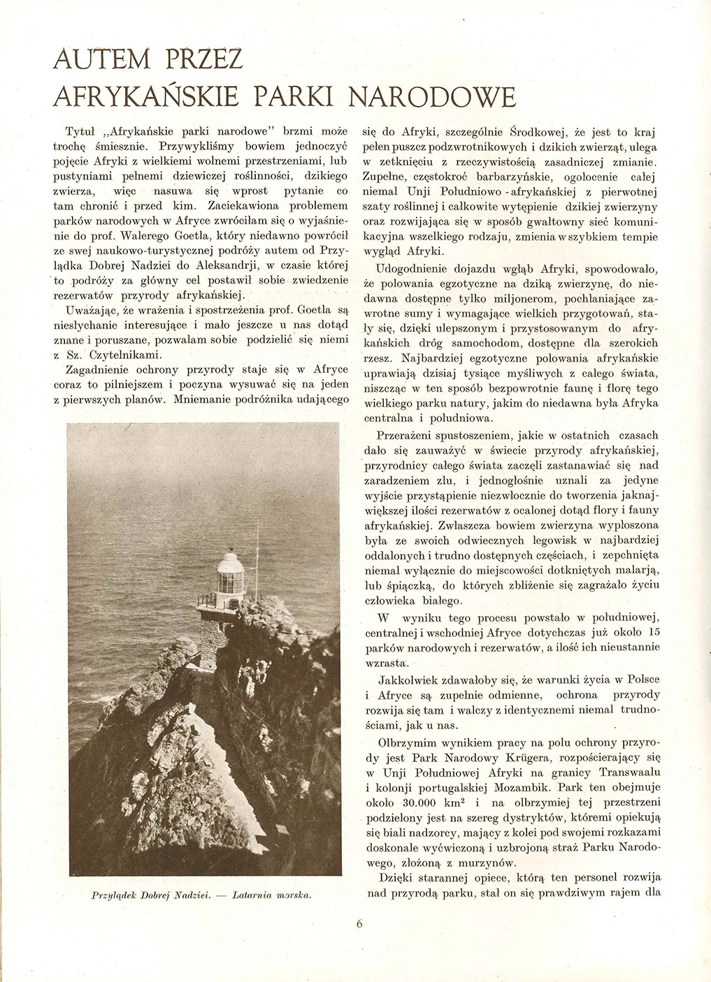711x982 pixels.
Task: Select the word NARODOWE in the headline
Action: tap(433, 97)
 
